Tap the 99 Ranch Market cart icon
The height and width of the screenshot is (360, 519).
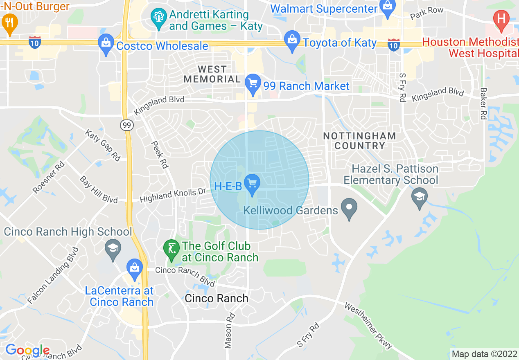coord(253,84)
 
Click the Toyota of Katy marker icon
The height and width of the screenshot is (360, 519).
coord(292,40)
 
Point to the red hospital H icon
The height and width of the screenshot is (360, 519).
coord(501,19)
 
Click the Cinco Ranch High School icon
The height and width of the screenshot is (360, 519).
coord(113,249)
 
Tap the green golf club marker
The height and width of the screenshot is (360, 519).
coord(171,249)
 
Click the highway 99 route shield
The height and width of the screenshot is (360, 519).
coord(127,126)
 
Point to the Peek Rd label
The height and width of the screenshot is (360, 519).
coord(160,154)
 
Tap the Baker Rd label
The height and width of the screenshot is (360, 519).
coord(484,103)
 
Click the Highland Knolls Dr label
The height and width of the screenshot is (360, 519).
coord(173,195)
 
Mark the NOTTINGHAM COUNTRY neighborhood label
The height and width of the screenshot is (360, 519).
coord(359,141)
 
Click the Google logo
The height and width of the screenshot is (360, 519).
coord(27,351)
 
